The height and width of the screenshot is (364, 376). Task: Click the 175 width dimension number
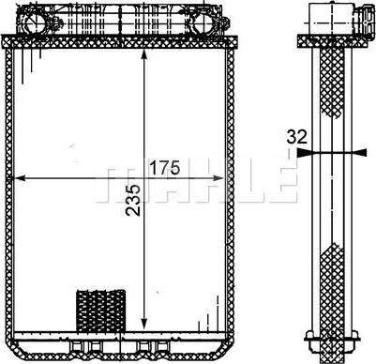coord(165,167)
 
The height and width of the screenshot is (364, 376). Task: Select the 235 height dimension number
coord(133,200)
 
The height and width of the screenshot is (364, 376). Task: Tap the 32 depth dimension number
coord(297,137)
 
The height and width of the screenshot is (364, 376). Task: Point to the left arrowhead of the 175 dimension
coord(20,178)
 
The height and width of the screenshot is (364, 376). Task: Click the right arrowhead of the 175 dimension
coord(218,178)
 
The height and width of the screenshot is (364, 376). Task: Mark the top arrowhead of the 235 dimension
coord(143,54)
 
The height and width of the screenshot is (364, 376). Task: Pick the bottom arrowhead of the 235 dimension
coord(143,323)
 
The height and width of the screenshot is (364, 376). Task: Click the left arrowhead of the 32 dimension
coord(303,152)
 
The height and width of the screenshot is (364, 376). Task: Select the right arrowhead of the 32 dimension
coord(360,152)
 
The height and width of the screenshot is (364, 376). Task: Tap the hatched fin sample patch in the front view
coord(101,311)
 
